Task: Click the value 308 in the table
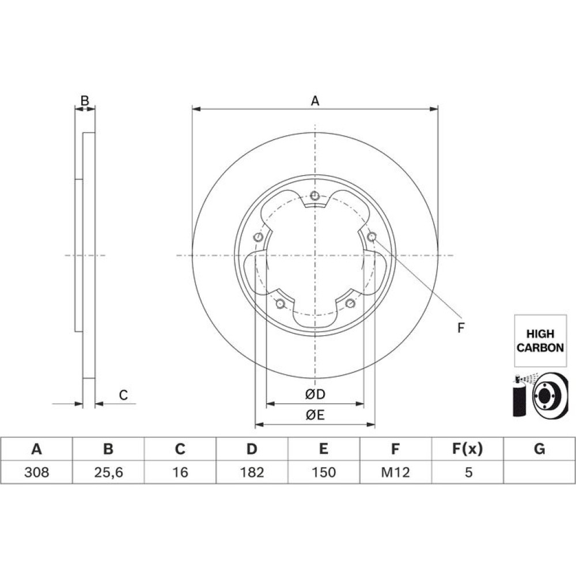click(36, 472)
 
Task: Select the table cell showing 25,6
click(108, 472)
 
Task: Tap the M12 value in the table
click(395, 472)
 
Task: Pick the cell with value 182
click(252, 472)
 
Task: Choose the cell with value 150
click(324, 472)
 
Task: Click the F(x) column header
click(467, 449)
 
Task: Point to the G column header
click(539, 449)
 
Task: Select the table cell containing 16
click(180, 472)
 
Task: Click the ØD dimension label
click(315, 395)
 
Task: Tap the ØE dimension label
click(315, 415)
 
